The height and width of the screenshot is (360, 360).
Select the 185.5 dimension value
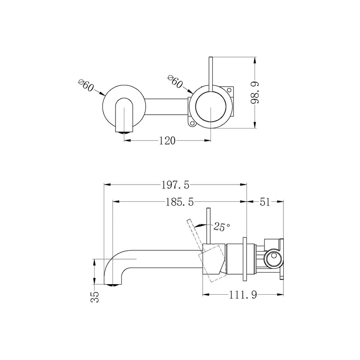[179, 202]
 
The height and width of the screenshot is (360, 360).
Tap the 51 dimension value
[265, 202]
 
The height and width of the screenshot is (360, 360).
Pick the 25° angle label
[222, 227]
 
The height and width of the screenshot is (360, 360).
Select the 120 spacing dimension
[167, 141]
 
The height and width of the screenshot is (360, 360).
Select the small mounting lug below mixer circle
[192, 123]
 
